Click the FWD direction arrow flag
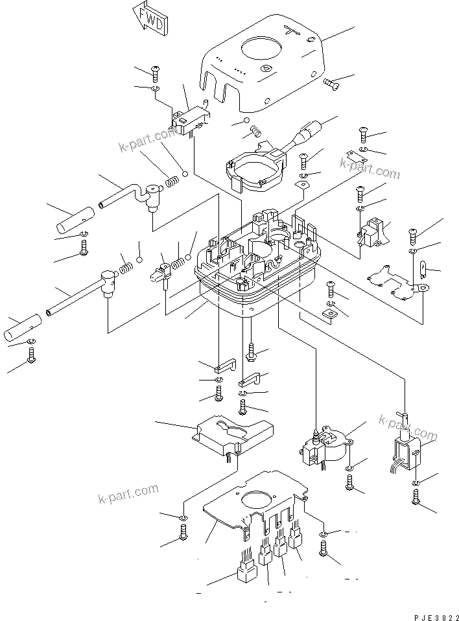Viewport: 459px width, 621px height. (150, 17)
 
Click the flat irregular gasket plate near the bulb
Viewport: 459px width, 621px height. (395, 279)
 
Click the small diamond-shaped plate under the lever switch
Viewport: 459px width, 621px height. (301, 186)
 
